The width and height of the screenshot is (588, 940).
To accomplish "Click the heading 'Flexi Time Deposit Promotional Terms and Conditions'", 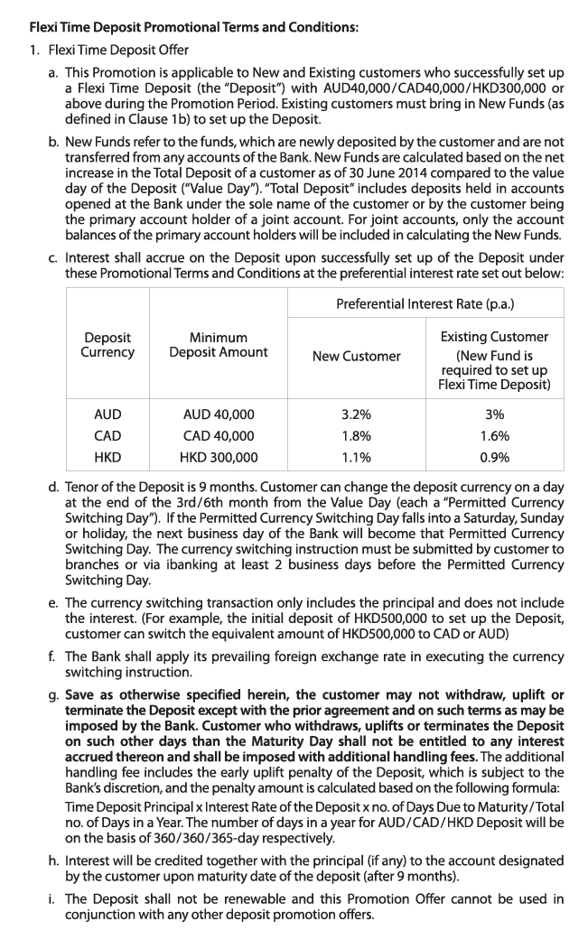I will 194,27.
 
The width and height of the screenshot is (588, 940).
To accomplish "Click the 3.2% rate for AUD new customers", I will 356,414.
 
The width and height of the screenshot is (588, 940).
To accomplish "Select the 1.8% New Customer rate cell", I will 356,436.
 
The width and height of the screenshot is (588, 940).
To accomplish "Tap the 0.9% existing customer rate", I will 495,458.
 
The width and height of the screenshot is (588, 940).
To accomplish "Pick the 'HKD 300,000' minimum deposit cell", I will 219,458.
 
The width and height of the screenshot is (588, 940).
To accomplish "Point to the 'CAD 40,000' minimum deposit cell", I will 219,436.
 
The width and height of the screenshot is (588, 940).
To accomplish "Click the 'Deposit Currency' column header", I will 107,345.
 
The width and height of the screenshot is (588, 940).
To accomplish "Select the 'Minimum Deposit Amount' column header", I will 219,345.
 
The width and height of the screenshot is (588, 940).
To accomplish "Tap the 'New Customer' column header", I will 356,356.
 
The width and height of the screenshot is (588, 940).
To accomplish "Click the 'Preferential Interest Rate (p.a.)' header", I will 425,304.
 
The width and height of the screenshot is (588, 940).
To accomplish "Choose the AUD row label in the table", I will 107,414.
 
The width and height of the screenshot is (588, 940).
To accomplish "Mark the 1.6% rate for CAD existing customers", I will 495,436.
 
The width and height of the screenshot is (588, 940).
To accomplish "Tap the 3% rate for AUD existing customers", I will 495,414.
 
